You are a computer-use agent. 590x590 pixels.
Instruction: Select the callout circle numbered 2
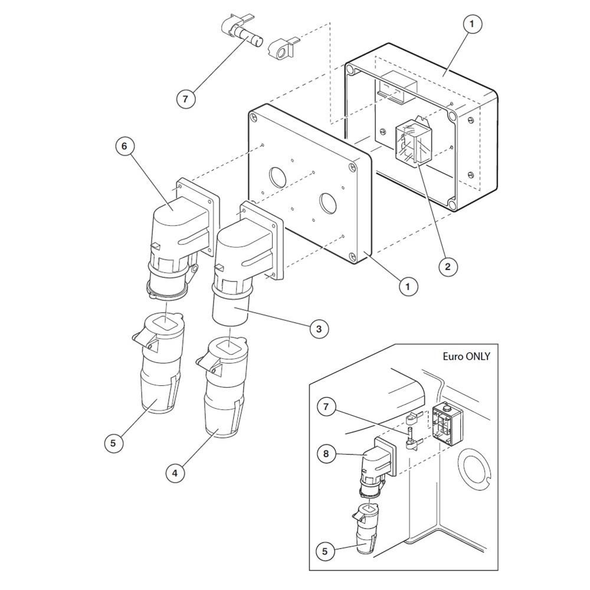[x=448, y=267]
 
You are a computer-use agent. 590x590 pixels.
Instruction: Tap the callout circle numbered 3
[x=319, y=329]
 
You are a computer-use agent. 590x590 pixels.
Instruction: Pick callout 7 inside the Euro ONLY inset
[x=326, y=407]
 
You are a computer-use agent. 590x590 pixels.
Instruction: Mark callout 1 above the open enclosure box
[x=472, y=24]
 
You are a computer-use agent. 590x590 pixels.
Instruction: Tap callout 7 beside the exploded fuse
[x=185, y=99]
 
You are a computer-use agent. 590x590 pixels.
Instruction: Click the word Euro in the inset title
[x=453, y=356]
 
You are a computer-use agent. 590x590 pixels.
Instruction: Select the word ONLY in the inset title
[x=478, y=356]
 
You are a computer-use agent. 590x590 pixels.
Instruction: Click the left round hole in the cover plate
[x=277, y=176]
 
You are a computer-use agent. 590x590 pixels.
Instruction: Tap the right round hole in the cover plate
[x=327, y=202]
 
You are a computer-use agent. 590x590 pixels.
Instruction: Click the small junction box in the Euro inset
[x=447, y=422]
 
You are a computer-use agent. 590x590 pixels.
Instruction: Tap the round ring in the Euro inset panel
[x=474, y=466]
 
